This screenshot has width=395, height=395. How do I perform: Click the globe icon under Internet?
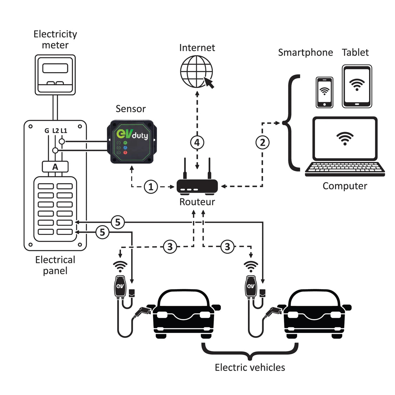197,72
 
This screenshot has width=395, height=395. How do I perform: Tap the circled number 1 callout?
151,187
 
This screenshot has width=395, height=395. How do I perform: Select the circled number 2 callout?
262,142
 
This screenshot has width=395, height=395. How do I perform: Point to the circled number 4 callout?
197,142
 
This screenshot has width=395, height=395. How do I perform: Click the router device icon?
197,186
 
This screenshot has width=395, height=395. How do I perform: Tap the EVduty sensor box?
132,142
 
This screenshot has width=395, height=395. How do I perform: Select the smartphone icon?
324,92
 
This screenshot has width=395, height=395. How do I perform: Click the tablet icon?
357,86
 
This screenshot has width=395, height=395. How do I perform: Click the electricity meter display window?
55,68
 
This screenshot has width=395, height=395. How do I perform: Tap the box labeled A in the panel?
55,167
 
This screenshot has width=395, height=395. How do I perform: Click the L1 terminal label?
64,131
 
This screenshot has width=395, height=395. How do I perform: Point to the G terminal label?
47,131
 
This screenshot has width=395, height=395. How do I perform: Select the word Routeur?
197,202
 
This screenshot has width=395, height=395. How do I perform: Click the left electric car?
184,314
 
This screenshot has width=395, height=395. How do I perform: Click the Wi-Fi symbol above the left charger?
120,266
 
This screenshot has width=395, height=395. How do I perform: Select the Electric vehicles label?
250,367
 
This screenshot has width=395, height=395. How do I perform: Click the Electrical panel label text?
55,265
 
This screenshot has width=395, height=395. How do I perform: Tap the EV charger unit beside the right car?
251,286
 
